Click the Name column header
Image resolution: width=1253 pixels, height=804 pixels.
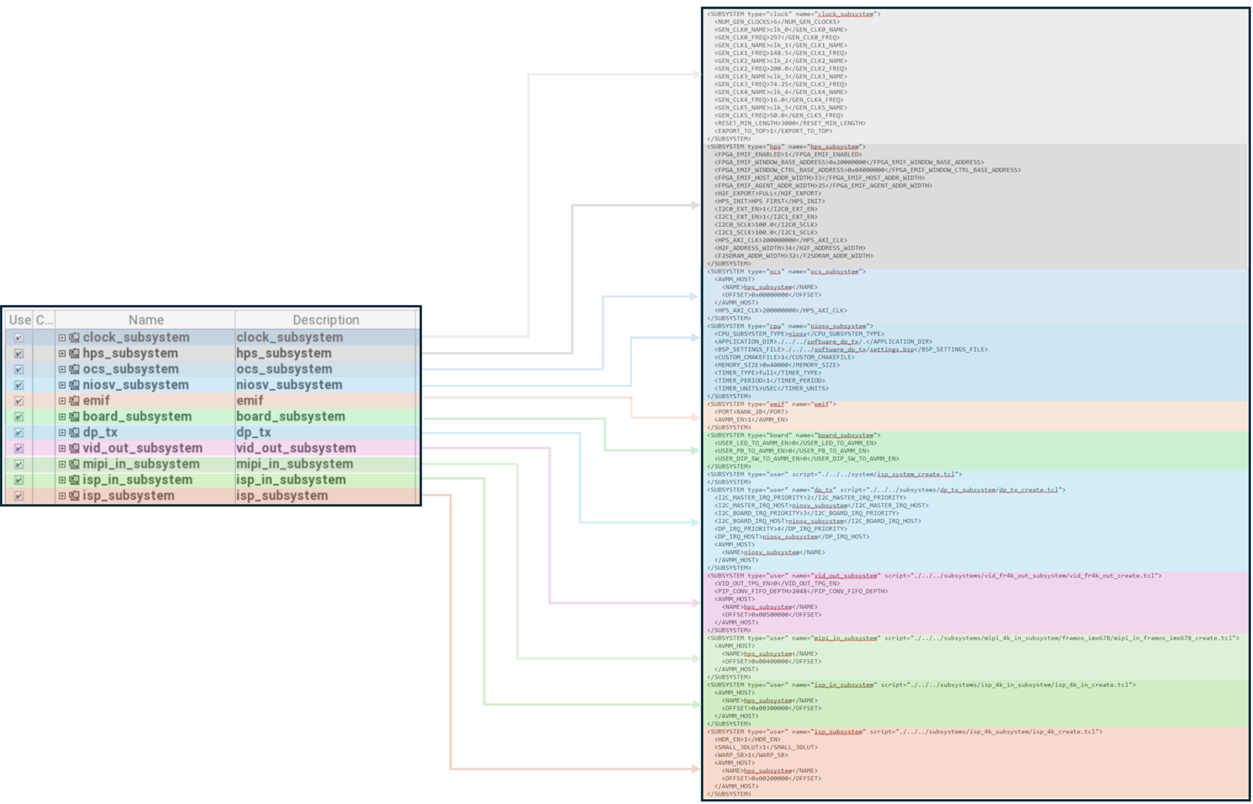pyautogui.click(x=146, y=320)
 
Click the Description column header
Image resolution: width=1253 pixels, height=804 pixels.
pyautogui.click(x=326, y=320)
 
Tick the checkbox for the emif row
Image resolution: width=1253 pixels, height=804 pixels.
pyautogui.click(x=19, y=401)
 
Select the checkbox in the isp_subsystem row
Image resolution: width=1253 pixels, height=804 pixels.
pyautogui.click(x=19, y=496)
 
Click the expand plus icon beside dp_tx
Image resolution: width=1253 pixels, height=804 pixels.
pyautogui.click(x=62, y=433)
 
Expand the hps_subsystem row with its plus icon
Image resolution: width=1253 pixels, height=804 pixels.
pyautogui.click(x=62, y=353)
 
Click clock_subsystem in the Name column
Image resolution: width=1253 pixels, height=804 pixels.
pyautogui.click(x=135, y=337)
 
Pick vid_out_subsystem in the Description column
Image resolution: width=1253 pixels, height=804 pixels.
pyautogui.click(x=296, y=448)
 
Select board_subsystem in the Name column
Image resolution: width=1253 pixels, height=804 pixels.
pyautogui.click(x=137, y=417)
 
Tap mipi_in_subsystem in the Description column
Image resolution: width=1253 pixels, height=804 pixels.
pyautogui.click(x=294, y=464)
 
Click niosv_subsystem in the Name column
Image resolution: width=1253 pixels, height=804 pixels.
pyautogui.click(x=135, y=385)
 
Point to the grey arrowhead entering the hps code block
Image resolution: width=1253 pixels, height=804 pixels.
pyautogui.click(x=696, y=205)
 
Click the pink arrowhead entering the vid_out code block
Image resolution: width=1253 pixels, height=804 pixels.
pyautogui.click(x=696, y=603)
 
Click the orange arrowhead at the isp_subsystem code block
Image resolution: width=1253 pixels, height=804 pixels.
pyautogui.click(x=696, y=769)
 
